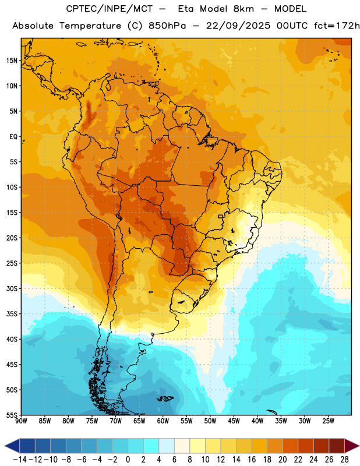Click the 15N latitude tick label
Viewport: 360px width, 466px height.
(12, 61)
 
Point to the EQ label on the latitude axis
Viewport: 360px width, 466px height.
(13, 137)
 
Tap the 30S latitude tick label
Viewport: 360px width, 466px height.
(12, 288)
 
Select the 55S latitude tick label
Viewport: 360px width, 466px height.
(12, 415)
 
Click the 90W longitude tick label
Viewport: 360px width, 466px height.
(21, 421)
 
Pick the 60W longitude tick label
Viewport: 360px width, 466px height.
(163, 421)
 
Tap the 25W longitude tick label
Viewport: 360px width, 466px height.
(328, 421)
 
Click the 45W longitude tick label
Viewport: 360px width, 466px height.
(234, 421)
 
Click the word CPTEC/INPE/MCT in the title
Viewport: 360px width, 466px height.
(109, 9)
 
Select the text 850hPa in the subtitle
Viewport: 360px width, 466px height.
(167, 26)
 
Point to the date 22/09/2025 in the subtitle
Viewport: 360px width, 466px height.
(238, 26)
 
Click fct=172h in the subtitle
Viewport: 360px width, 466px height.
(337, 26)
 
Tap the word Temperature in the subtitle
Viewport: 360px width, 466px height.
(90, 26)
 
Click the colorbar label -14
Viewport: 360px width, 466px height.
(20, 460)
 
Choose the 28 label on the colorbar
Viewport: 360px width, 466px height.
(344, 460)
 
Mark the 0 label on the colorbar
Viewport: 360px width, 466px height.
(128, 460)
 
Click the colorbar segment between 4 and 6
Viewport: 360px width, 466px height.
(167, 446)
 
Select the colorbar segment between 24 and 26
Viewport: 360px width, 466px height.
(322, 446)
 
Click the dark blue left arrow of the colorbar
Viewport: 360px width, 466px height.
(12, 446)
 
